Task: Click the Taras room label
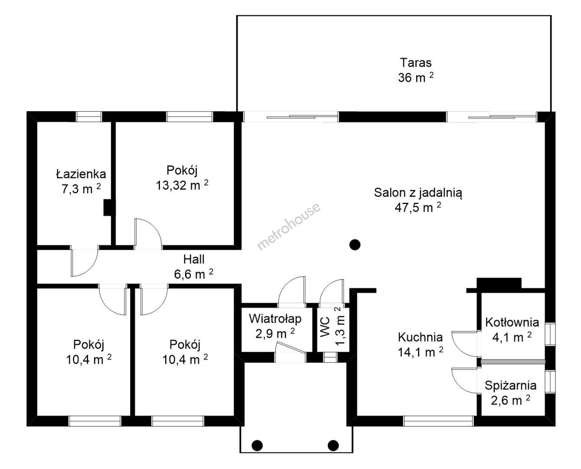(415, 63)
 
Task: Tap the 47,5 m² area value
(418, 208)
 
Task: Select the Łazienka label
(81, 174)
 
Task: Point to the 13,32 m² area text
(182, 185)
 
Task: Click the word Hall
(194, 259)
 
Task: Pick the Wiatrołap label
(275, 319)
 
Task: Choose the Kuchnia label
(421, 337)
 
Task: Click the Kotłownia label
(512, 322)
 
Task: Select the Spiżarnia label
(510, 386)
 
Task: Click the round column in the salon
(355, 245)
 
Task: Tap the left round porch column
(257, 445)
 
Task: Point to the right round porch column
(333, 445)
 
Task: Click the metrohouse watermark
(289, 226)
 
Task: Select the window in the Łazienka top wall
(89, 116)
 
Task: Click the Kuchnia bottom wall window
(438, 421)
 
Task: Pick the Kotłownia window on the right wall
(550, 334)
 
